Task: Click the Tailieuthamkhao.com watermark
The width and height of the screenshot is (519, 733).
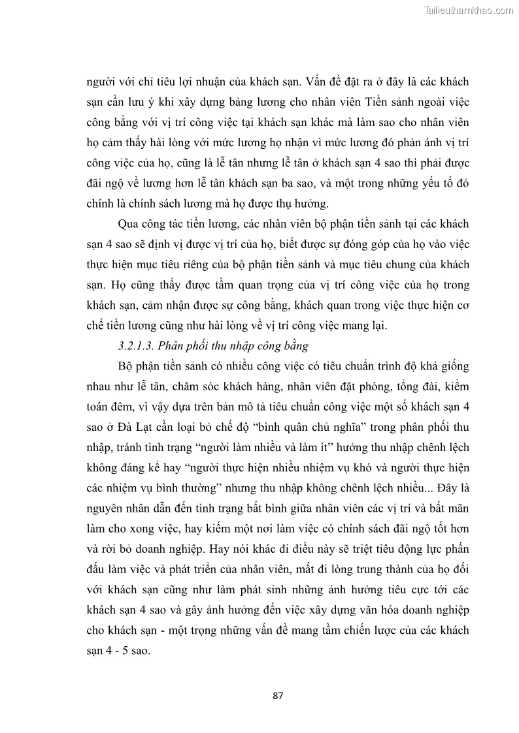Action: click(x=469, y=10)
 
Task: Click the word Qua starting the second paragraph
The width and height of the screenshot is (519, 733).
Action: click(x=129, y=224)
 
